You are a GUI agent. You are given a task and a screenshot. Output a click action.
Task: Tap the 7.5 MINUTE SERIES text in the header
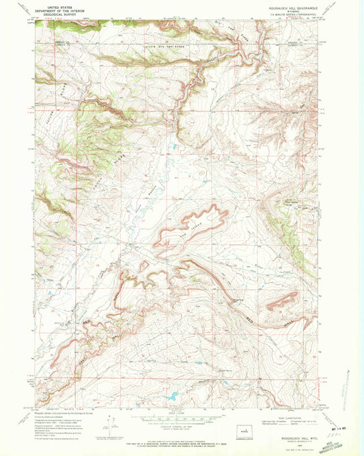(291, 13)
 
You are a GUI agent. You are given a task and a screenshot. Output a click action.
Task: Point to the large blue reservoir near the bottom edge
(167, 396)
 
